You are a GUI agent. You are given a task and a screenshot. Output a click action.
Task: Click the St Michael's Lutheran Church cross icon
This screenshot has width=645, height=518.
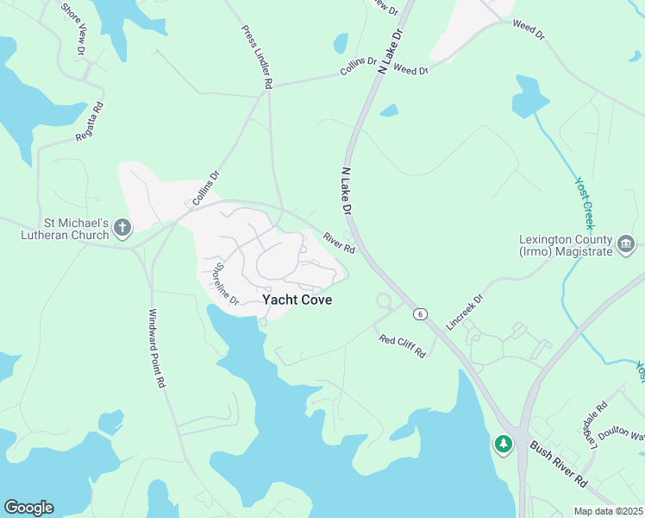coord(122,229)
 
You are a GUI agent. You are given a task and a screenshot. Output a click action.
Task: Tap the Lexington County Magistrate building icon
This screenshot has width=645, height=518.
coord(625,246)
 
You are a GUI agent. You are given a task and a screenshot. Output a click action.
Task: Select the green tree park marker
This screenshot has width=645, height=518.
coord(503,444)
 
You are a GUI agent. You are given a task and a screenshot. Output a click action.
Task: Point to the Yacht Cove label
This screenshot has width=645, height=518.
coord(297,300)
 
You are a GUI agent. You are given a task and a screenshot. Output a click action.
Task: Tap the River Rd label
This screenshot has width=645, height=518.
coord(339,243)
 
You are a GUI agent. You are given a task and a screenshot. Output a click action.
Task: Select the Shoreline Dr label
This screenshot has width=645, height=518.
coord(226,283)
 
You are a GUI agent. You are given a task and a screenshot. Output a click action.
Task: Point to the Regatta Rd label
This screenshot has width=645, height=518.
coord(91,123)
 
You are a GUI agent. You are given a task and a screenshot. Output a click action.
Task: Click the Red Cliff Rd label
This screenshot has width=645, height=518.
coord(403,345)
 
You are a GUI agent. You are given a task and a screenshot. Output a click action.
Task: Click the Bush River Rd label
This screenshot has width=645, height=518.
coord(558,464)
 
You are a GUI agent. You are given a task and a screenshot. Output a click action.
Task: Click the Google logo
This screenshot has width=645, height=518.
coord(28,508)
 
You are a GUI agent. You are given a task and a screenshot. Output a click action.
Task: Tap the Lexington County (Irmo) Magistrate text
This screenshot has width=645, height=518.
coord(566,245)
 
